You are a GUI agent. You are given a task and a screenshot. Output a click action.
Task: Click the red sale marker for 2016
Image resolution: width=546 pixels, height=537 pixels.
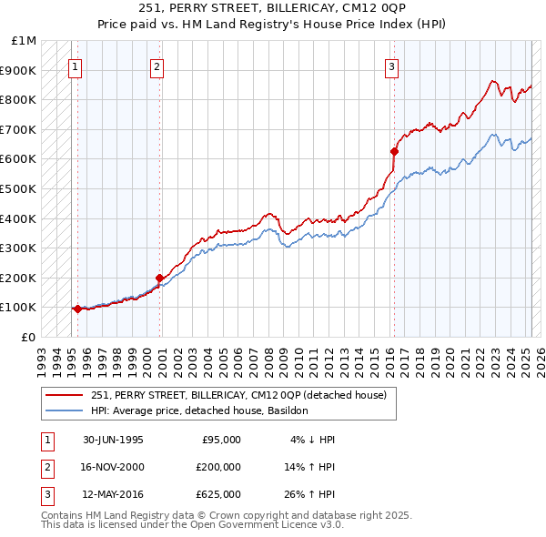[x=394, y=151]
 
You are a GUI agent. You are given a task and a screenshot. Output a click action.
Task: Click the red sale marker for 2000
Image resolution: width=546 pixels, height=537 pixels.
[x=159, y=278]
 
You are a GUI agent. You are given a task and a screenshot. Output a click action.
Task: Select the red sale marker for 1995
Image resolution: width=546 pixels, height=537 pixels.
[x=77, y=309]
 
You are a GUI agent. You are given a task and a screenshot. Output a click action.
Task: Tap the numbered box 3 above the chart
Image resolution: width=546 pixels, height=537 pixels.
[x=391, y=66]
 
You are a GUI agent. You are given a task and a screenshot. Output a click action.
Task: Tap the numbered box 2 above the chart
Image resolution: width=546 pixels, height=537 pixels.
[x=157, y=66]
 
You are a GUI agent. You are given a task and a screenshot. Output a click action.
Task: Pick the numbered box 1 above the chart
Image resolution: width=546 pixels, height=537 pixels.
[x=75, y=66]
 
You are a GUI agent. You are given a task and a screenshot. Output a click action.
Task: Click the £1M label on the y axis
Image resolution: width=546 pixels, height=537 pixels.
[x=25, y=41]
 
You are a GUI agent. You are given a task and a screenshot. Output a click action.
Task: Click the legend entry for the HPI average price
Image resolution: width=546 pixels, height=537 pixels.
[x=200, y=410]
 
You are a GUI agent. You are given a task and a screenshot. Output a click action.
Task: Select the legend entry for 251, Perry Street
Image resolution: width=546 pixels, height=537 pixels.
[x=238, y=395]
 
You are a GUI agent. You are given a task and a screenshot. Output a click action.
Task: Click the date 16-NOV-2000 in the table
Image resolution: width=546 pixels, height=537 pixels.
[x=113, y=467]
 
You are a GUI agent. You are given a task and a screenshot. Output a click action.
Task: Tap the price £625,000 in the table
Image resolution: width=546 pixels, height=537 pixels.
[x=218, y=494]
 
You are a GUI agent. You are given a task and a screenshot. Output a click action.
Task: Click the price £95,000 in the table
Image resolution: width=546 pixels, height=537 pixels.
[x=221, y=440]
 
